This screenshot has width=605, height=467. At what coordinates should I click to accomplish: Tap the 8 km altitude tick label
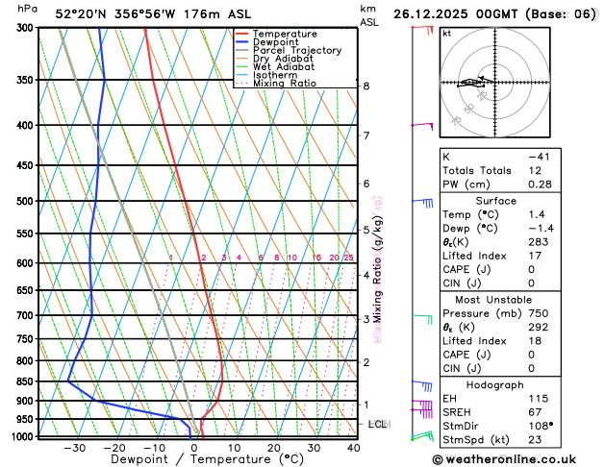coord(366,86)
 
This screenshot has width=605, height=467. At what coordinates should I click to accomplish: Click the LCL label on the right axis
coord(378,424)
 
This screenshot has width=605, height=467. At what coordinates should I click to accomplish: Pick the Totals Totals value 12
coord(535,170)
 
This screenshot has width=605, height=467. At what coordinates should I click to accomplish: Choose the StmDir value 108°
coord(539,427)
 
